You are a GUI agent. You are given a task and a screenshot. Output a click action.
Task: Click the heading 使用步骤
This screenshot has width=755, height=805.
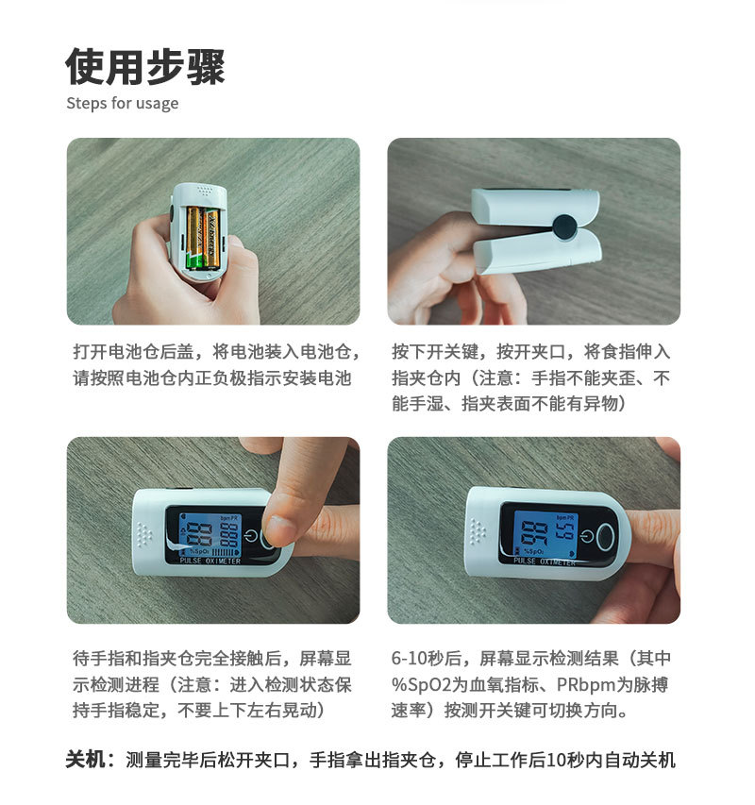pyautogui.click(x=145, y=67)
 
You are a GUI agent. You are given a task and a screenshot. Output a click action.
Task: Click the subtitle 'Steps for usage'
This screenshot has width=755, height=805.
pyautogui.click(x=123, y=103)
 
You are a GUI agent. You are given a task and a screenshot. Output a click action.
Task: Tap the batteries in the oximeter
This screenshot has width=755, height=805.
pyautogui.click(x=203, y=238)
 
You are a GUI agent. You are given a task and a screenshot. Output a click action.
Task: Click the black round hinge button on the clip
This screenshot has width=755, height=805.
pyautogui.click(x=564, y=226)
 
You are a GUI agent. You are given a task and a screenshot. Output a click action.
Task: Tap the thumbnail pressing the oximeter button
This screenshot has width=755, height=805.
pyautogui.click(x=280, y=529)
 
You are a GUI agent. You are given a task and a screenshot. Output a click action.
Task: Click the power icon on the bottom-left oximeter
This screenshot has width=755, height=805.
pyautogui.click(x=250, y=536)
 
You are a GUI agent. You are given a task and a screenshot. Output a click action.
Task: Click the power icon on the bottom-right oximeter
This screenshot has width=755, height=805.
pyautogui.click(x=587, y=536)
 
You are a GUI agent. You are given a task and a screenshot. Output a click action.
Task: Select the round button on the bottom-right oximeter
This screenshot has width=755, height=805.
pyautogui.click(x=606, y=537)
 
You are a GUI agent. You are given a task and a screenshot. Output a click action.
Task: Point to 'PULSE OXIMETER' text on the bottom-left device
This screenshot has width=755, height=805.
pyautogui.click(x=210, y=561)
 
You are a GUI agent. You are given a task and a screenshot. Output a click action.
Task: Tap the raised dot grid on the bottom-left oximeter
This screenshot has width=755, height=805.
pyautogui.click(x=144, y=534)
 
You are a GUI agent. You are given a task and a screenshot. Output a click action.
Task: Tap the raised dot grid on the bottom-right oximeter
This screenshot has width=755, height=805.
pyautogui.click(x=478, y=531)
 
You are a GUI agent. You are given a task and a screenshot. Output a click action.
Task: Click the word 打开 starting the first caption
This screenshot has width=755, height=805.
pyautogui.click(x=91, y=352)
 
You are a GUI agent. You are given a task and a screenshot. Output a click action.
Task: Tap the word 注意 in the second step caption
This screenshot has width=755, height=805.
pyautogui.click(x=496, y=378)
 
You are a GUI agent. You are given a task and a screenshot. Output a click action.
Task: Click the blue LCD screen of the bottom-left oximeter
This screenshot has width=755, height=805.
pyautogui.click(x=210, y=535)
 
